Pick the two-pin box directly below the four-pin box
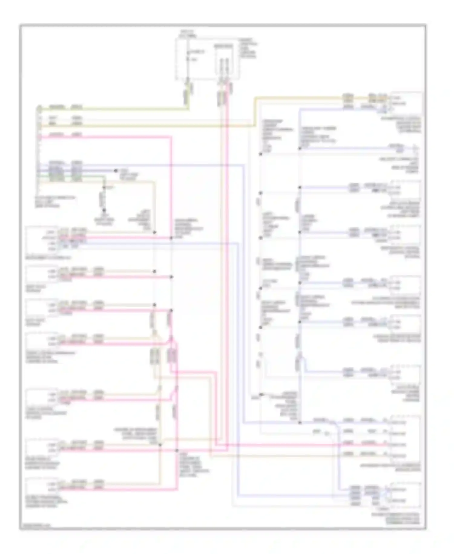click(x=42, y=273)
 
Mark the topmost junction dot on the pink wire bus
click(x=171, y=238)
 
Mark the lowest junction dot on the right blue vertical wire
click(x=300, y=422)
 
